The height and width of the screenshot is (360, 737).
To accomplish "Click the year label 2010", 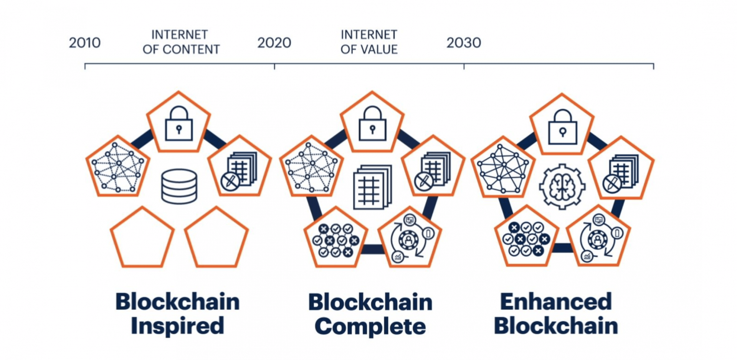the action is click(x=85, y=43).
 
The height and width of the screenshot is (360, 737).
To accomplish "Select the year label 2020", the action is click(x=274, y=43).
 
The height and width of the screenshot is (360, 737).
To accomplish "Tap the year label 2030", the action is click(x=464, y=43).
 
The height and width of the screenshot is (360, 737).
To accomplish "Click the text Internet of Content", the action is click(x=181, y=42).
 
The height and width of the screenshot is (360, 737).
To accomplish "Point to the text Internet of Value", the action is click(x=369, y=42).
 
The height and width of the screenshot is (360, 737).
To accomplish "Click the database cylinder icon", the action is click(x=179, y=186).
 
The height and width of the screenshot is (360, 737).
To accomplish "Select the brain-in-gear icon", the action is click(x=562, y=187).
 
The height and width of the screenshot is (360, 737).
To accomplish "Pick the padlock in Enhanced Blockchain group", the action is click(x=562, y=127).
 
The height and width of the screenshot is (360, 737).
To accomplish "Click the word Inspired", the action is click(x=177, y=326).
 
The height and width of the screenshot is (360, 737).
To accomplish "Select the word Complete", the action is click(x=370, y=327).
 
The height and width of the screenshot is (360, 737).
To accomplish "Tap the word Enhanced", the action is click(x=556, y=302).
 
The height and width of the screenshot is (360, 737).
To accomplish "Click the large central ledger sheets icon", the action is click(x=372, y=187).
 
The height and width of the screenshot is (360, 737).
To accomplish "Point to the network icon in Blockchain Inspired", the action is click(x=118, y=167).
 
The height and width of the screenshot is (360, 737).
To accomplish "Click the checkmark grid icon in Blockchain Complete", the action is click(x=336, y=240).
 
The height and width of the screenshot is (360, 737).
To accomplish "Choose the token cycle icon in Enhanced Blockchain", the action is click(x=598, y=238).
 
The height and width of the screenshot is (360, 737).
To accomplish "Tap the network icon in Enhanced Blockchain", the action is click(x=503, y=169).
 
